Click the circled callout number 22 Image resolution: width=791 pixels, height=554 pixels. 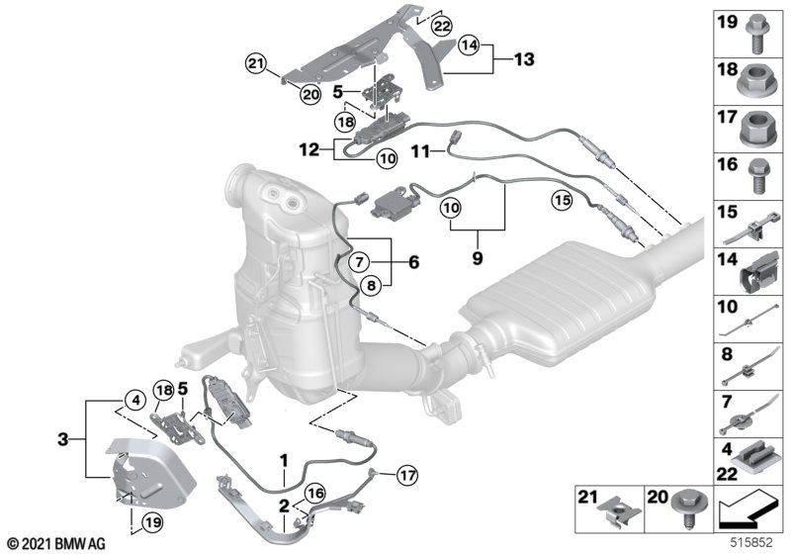coord(442,26)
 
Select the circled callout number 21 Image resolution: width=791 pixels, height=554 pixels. coord(256,64)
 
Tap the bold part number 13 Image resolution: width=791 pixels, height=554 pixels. coord(524,59)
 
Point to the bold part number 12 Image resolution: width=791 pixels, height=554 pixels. coord(308,149)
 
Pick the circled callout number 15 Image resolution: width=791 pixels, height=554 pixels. coord(562,200)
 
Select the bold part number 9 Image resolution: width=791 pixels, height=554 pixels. coord(478,258)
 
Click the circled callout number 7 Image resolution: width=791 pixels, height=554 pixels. coord(359,262)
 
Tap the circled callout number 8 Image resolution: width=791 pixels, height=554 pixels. coord(372,286)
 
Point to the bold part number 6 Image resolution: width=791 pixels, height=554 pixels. coord(413,262)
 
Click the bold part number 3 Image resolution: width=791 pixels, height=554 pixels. coord(62,439)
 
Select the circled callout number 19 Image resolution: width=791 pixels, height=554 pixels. coord(152,522)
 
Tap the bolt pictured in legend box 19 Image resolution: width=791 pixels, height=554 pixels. coord(755,34)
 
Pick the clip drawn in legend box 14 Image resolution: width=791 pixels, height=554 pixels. coord(756,273)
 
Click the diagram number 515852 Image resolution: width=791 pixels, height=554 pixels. coord(752,543)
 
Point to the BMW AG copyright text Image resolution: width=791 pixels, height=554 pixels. coord(57,544)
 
